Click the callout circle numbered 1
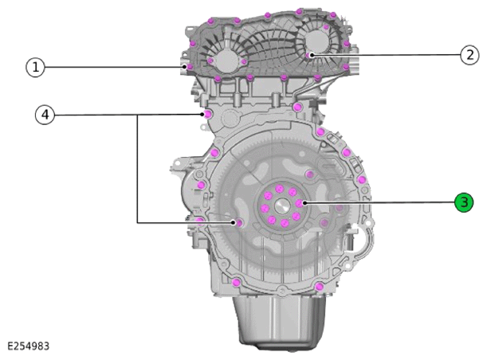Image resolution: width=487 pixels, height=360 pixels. (35, 68)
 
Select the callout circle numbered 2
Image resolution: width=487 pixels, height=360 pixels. (469, 55)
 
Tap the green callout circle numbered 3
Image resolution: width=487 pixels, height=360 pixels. (464, 202)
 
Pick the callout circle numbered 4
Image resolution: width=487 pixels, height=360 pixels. (45, 115)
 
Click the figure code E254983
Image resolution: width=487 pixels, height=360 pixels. (28, 346)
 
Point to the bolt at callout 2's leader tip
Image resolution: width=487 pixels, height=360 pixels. (308, 55)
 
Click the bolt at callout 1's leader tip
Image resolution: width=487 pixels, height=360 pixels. (187, 67)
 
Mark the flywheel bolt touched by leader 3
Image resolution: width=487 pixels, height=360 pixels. (299, 204)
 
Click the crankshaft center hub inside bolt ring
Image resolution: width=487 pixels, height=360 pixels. (282, 205)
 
